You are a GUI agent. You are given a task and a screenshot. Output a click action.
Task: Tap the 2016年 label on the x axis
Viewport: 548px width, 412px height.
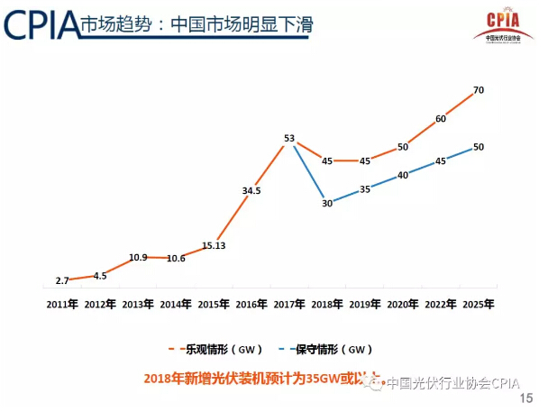point(251,305)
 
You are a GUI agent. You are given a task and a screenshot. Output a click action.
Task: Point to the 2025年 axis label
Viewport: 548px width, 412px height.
point(478,305)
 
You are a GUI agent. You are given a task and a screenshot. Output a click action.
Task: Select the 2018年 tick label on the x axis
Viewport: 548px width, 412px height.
point(326,305)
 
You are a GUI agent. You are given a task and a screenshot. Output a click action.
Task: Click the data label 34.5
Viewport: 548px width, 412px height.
point(251,190)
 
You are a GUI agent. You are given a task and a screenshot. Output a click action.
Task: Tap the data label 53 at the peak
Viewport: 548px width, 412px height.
point(289,139)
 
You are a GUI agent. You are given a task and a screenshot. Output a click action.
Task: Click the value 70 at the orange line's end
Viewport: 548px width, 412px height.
point(478,90)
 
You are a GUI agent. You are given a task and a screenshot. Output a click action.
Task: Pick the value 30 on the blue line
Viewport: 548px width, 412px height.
point(327,204)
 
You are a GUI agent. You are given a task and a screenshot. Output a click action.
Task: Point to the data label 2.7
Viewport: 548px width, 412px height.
point(62,281)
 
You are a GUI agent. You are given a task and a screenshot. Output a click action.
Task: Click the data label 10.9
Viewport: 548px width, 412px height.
point(138,257)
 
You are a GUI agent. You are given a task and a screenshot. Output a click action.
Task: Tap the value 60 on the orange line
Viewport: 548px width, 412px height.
point(440,119)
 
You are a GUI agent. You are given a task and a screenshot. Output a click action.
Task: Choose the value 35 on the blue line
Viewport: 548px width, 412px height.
point(364,189)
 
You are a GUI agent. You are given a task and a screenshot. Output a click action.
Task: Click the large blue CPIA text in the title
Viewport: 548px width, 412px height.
point(40,24)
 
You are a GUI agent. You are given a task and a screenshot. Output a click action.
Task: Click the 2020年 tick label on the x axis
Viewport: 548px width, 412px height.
point(402,305)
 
